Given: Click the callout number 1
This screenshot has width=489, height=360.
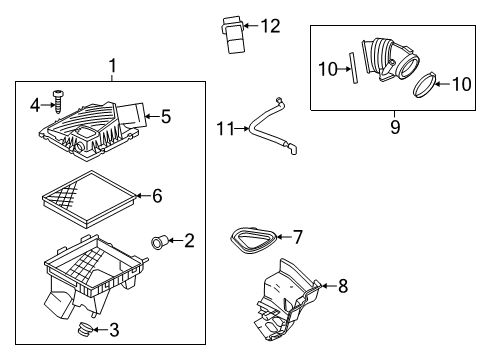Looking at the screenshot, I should pos(112,66).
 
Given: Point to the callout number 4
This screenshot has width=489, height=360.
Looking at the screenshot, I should pos(34,103).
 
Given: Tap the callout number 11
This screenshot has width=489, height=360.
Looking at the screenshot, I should pos(225,128).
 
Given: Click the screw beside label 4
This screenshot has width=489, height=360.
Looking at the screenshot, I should pos(59,102).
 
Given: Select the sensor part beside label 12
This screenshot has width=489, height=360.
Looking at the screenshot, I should pos(228,26).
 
